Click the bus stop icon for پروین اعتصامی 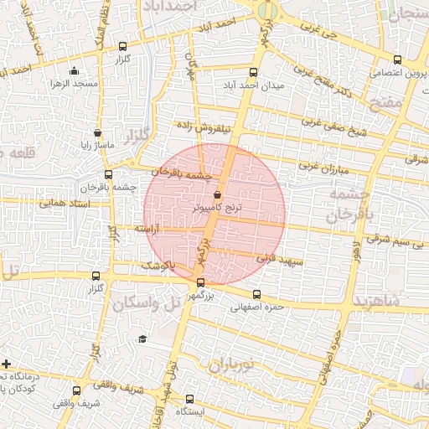coord(397,59)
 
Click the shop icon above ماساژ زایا coord(98,132)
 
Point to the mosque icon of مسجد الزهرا coord(74,71)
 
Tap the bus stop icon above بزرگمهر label coord(199,282)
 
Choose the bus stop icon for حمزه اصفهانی coord(256,294)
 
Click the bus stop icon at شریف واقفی coord(77,390)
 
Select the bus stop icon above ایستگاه coord(189,399)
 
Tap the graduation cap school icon coord(142,339)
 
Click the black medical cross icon coord(7,364)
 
